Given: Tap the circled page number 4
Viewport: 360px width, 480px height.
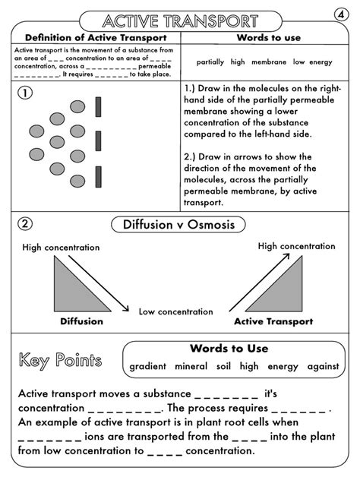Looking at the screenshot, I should tap(341, 14).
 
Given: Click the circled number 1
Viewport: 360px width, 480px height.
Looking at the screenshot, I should tap(25, 93).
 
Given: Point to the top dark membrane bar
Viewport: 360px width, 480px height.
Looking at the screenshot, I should tap(98, 108).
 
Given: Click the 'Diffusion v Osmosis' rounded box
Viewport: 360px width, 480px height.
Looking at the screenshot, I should tap(178, 225).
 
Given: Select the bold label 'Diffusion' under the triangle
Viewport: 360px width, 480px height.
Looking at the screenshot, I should tap(82, 321).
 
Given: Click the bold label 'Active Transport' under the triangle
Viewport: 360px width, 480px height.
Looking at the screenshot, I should tap(273, 321).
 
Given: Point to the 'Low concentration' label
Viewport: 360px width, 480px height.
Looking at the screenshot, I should tap(175, 311).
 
